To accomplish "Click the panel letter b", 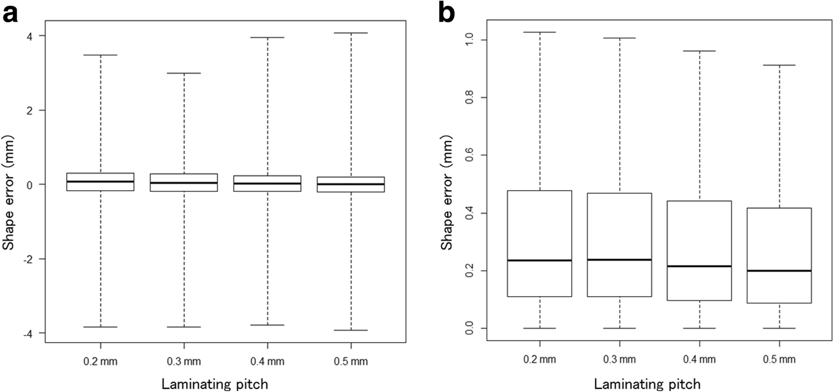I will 446,13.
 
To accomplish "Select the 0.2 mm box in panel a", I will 101,182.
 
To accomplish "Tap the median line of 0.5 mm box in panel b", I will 779,271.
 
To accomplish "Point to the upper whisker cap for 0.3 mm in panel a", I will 184,73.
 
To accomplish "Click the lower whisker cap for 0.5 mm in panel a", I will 351,330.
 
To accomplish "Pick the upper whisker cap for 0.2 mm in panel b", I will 539,32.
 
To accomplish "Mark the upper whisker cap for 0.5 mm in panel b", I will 779,65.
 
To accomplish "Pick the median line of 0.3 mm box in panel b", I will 619,260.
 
